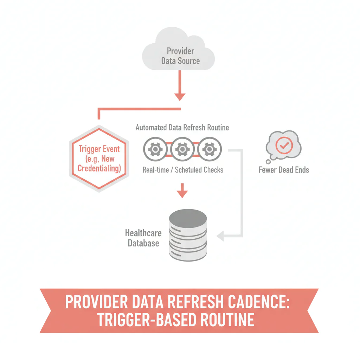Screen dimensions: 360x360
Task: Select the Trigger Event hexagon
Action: tap(99, 159)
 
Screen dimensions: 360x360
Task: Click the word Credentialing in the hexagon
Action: tap(99, 168)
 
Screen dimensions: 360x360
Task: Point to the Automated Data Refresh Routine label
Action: tap(182, 127)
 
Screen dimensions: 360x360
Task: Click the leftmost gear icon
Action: tap(155, 150)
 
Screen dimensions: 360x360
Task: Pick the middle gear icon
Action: tap(182, 150)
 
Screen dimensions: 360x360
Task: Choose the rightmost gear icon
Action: tap(210, 150)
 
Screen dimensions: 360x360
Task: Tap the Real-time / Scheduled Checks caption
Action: tap(183, 170)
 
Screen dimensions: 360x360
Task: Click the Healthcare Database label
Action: tap(143, 238)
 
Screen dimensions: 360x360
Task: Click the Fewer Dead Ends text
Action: tap(284, 170)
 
